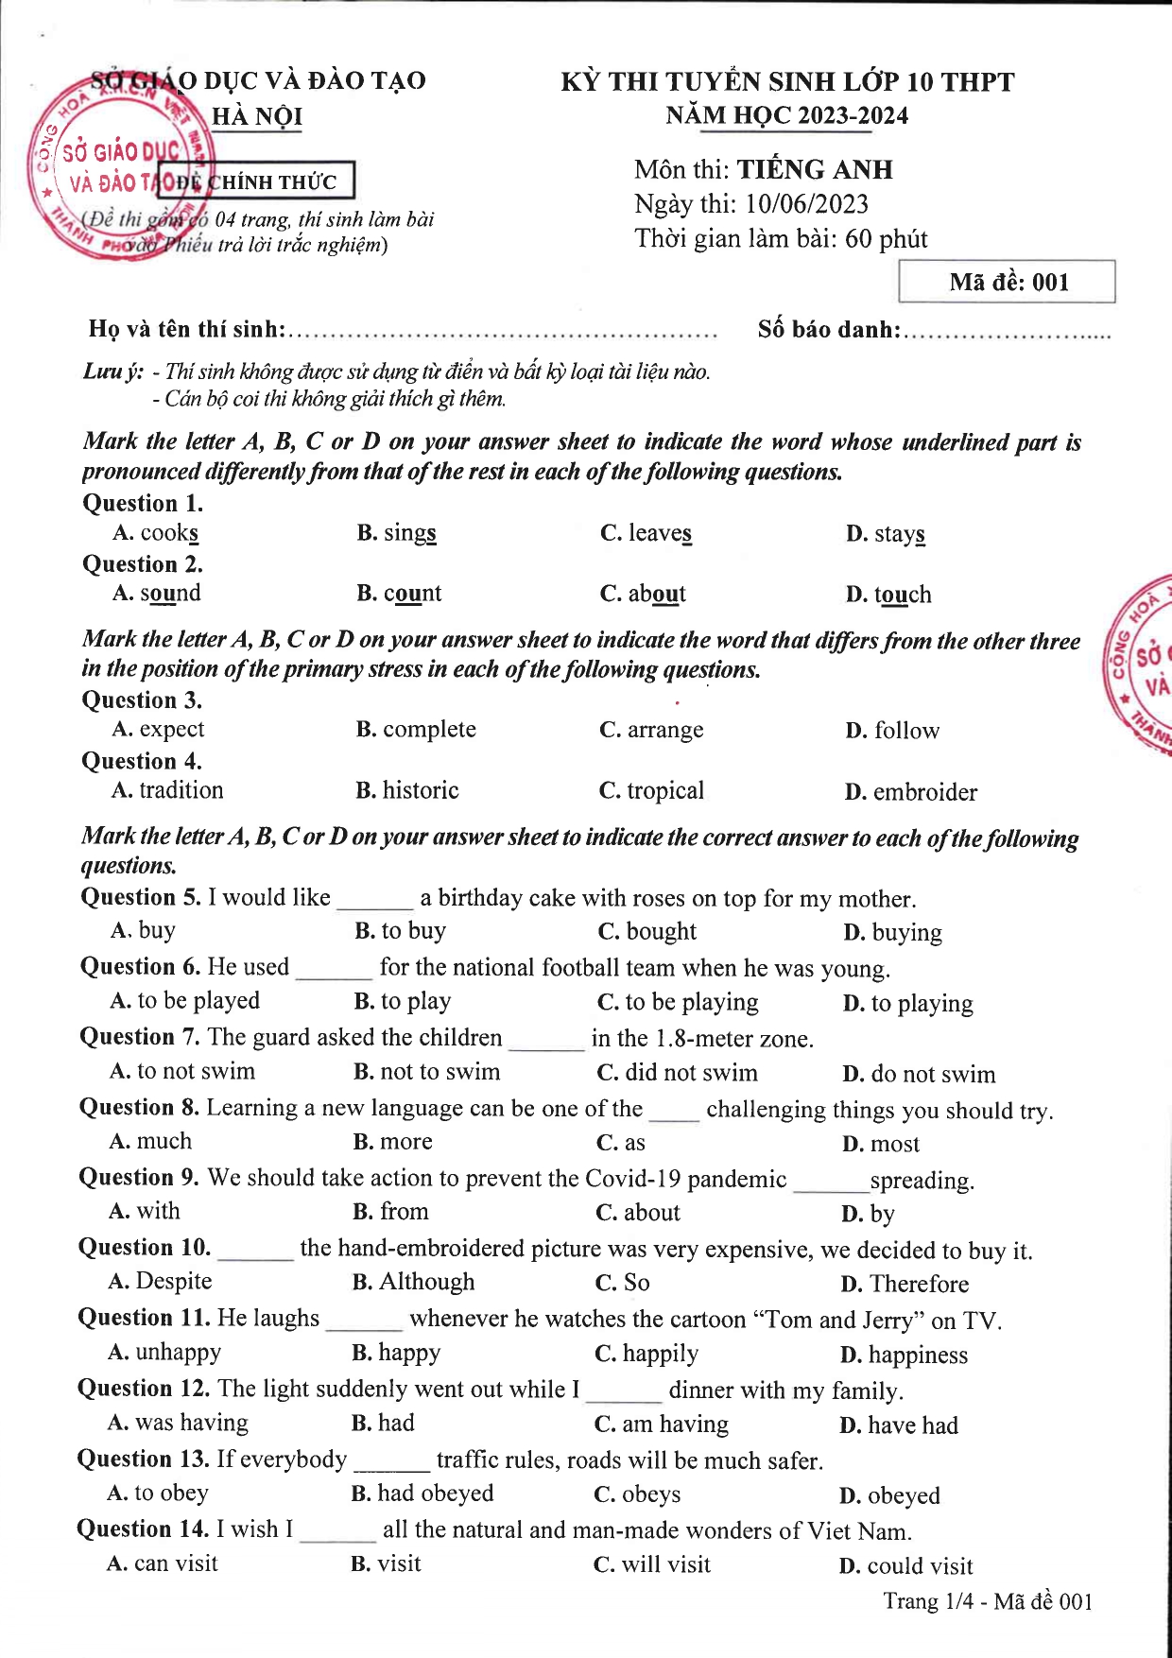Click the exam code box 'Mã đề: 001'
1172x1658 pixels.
[x=1007, y=282]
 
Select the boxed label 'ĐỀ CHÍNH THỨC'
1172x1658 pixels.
[x=256, y=181]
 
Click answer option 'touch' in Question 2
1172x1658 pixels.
[x=902, y=595]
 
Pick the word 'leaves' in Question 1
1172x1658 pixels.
[x=659, y=533]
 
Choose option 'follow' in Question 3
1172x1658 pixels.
[x=905, y=731]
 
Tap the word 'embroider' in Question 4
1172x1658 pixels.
[x=923, y=792]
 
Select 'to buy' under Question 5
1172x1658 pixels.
[x=413, y=931]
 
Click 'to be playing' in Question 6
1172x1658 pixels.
[x=691, y=1002]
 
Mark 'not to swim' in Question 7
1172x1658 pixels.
[x=439, y=1072]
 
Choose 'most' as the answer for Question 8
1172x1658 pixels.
[x=894, y=1145]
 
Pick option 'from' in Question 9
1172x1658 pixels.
[x=404, y=1212]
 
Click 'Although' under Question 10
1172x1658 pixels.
[x=426, y=1282]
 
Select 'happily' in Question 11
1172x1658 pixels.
[x=660, y=1354]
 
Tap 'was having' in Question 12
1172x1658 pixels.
[x=191, y=1423]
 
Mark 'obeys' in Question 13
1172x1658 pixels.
[x=650, y=1494]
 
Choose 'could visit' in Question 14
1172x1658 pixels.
[x=919, y=1566]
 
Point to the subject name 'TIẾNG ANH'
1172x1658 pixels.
[x=814, y=170]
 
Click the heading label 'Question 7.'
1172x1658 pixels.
[x=140, y=1037]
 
